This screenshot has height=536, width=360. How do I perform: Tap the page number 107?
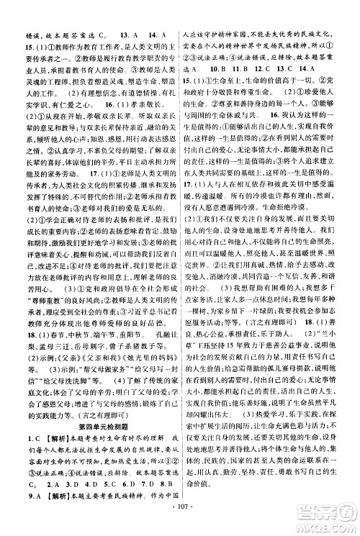click(179, 519)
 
